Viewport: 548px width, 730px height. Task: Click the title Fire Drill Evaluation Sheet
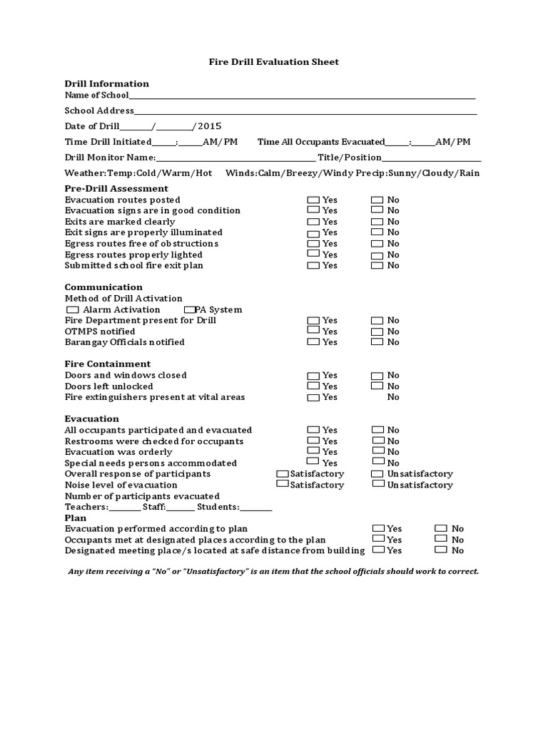click(x=273, y=62)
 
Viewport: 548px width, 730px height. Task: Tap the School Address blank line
click(x=305, y=111)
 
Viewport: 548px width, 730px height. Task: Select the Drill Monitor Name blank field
click(x=235, y=158)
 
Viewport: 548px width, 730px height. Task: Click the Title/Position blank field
click(x=432, y=158)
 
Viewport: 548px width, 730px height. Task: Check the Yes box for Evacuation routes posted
click(x=313, y=200)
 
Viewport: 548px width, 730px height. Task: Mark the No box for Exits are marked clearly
click(x=377, y=222)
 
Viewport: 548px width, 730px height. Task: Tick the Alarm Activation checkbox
click(x=72, y=309)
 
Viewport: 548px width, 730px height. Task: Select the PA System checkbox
click(x=190, y=309)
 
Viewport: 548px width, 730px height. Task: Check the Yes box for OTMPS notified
click(x=313, y=331)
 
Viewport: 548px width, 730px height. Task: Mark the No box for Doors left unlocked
click(x=377, y=386)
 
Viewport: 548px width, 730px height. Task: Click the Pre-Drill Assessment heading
click(x=116, y=189)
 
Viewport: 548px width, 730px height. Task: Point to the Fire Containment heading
click(x=108, y=364)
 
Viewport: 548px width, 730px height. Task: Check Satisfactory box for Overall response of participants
click(x=283, y=473)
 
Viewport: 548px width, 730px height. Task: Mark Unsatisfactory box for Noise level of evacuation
click(x=378, y=484)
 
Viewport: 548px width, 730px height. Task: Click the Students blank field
click(x=256, y=507)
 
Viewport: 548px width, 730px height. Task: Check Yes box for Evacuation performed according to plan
click(x=378, y=528)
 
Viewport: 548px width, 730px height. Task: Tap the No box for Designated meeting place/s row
click(x=441, y=550)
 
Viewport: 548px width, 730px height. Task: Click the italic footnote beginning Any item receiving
click(x=273, y=572)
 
